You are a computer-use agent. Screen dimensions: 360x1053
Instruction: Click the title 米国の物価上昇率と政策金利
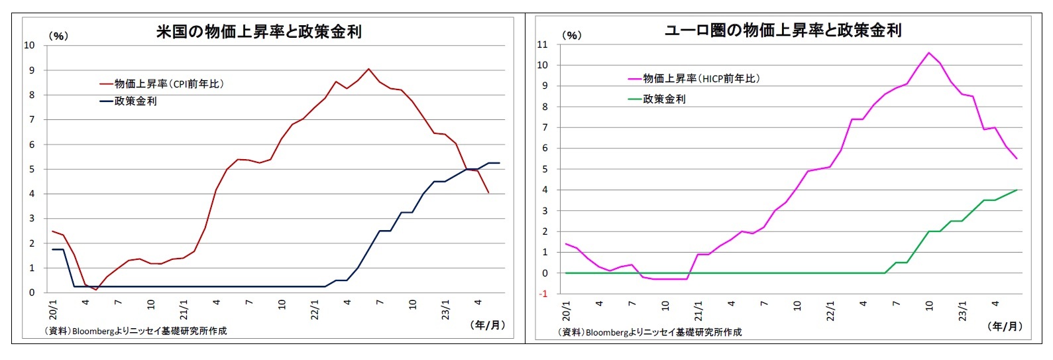click(x=258, y=32)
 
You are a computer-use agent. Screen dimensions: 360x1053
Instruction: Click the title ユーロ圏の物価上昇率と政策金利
click(x=783, y=30)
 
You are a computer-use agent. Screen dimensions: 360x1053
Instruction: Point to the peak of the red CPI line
click(x=368, y=69)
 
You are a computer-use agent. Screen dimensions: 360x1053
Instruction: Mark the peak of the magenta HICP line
click(x=928, y=52)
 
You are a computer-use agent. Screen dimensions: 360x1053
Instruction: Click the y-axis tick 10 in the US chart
click(x=29, y=45)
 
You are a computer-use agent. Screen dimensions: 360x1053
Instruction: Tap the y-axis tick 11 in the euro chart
click(x=543, y=44)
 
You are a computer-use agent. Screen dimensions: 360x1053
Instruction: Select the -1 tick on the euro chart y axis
click(x=543, y=294)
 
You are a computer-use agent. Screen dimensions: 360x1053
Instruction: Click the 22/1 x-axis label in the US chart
click(x=315, y=309)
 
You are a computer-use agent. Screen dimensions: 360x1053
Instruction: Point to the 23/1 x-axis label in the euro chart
click(x=962, y=310)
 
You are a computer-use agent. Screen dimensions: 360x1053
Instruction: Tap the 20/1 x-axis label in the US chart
click(x=54, y=309)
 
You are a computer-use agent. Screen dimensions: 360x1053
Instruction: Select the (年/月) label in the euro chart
click(x=1005, y=326)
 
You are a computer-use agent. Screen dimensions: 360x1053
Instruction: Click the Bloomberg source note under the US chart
click(x=136, y=330)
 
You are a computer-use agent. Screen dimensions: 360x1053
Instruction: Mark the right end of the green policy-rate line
click(x=1017, y=190)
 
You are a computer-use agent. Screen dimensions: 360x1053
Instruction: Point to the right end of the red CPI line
click(x=488, y=193)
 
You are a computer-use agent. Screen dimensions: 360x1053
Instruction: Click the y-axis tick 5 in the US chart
click(x=32, y=169)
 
